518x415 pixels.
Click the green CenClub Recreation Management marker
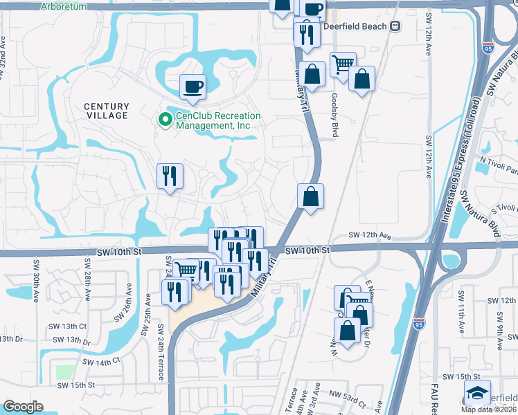point(165,121)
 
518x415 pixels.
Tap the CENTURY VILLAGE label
point(107,111)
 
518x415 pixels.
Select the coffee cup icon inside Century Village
point(193,87)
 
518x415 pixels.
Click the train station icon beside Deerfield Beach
point(395,26)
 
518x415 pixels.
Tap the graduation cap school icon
point(477,393)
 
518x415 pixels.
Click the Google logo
point(23,407)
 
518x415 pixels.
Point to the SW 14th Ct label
point(101,361)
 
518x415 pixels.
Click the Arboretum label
point(63,6)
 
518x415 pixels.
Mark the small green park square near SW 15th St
point(64,372)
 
